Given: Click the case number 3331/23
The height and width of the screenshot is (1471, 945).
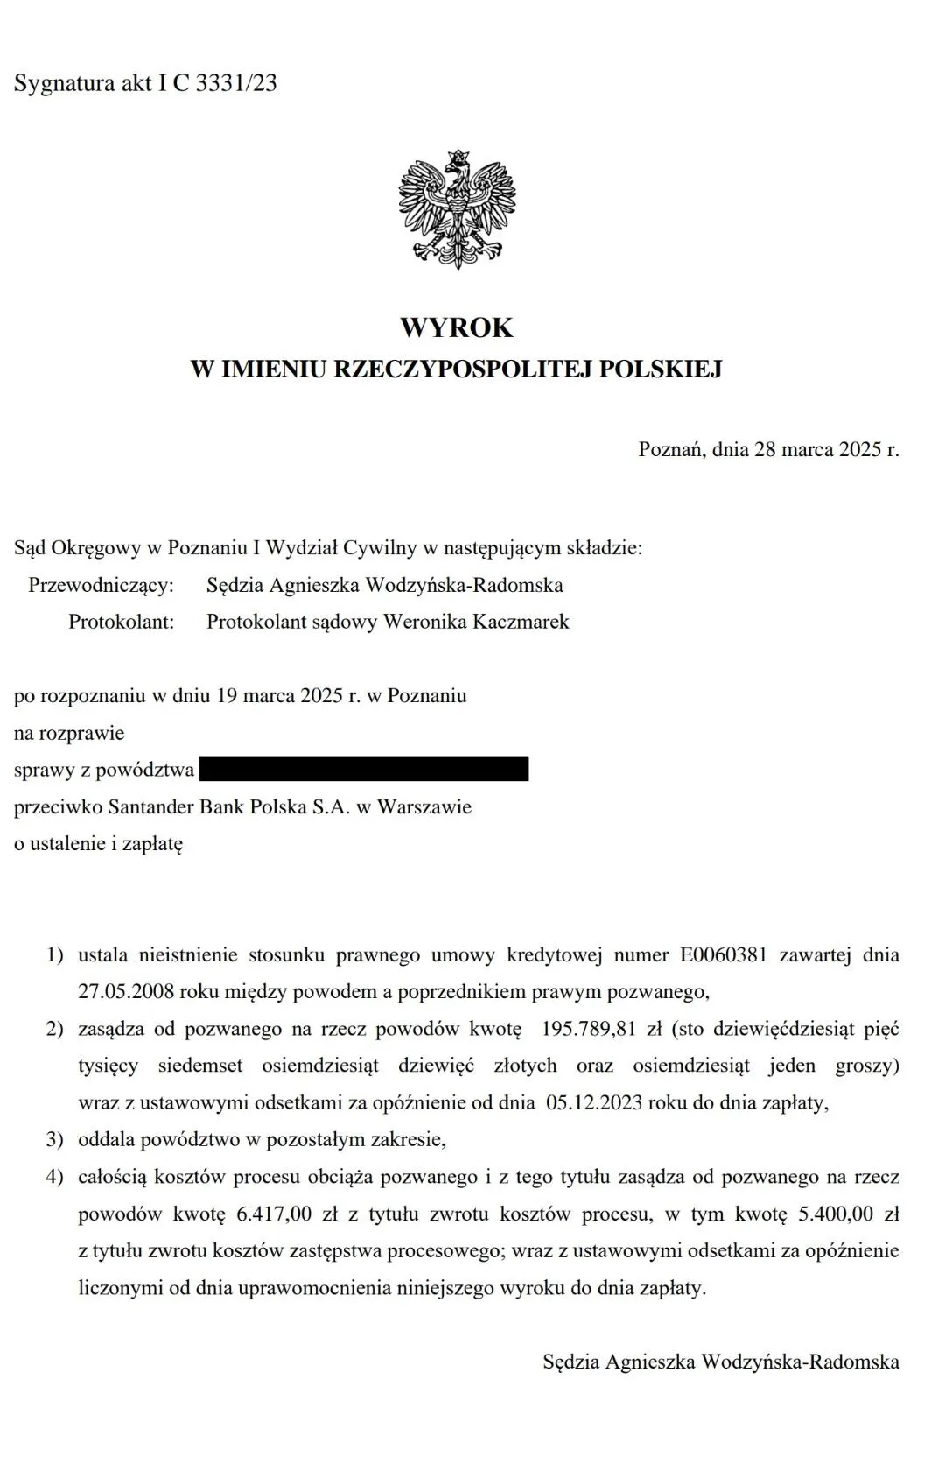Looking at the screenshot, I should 236,83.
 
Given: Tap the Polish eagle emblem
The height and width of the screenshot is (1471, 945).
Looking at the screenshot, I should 457,210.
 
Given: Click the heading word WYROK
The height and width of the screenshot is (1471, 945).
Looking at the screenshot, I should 457,327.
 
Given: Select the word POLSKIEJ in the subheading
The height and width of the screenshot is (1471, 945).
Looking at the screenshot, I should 661,370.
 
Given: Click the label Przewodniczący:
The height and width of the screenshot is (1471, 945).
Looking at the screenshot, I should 101,585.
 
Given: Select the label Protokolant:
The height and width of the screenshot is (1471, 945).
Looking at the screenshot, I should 122,622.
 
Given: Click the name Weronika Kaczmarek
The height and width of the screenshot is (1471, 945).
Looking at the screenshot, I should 477,622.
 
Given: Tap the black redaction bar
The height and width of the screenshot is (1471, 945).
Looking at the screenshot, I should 364,769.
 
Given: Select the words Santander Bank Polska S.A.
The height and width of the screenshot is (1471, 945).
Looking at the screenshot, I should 228,806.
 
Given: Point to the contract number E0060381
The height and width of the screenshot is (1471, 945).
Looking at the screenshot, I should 723,954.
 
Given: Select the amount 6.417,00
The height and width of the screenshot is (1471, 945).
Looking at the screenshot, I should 274,1214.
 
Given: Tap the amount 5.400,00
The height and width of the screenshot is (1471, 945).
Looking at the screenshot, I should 836,1214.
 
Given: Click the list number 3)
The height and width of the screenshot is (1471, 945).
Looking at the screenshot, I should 55,1139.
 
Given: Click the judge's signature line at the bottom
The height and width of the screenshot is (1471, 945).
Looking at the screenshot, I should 721,1362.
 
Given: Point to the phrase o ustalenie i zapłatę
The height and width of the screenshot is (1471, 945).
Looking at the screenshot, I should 99,844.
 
